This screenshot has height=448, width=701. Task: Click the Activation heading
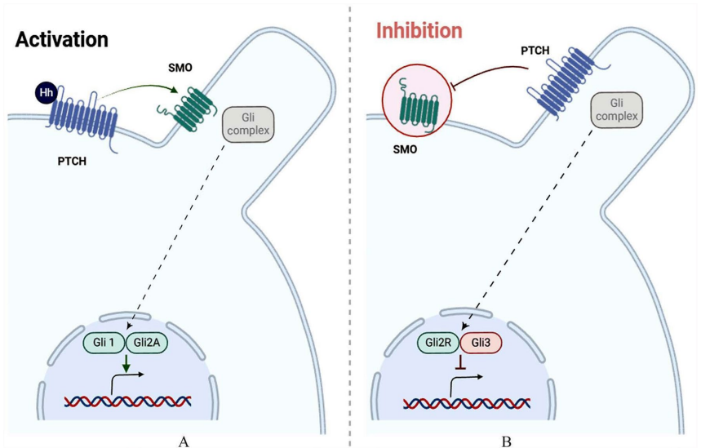(x=62, y=38)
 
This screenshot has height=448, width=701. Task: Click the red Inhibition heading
(x=419, y=32)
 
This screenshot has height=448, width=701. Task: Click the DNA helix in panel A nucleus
(x=128, y=401)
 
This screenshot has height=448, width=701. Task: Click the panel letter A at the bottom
(x=183, y=441)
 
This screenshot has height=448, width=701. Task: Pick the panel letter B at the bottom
(x=507, y=441)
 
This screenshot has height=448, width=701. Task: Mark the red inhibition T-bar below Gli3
(x=460, y=365)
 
